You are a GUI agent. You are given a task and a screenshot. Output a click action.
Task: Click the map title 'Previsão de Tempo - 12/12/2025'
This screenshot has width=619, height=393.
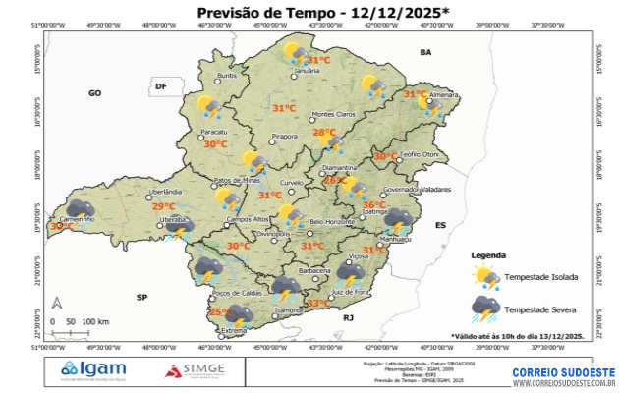pos(309,13)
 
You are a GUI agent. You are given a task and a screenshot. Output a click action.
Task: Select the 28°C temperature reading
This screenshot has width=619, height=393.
pos(324,133)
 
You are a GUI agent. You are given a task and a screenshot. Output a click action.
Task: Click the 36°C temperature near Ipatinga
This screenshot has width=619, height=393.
pos(374,205)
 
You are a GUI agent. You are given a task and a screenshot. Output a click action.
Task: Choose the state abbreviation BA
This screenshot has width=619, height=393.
pos(425,51)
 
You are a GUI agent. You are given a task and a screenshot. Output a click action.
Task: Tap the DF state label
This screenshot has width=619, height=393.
pos(161,87)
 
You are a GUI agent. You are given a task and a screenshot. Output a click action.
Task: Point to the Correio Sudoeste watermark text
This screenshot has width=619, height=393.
pos(563,373)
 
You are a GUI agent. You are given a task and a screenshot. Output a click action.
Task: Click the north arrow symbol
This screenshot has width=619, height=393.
pos(57,303)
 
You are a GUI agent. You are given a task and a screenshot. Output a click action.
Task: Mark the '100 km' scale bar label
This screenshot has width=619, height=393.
pos(95,321)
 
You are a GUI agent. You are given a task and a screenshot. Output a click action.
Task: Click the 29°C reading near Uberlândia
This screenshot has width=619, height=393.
pos(163,206)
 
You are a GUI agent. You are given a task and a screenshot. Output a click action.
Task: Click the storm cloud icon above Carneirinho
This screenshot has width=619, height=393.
pos(79,208)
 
